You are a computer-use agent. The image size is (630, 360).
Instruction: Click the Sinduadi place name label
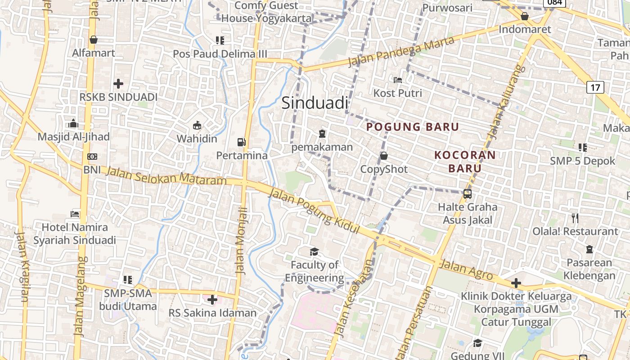pyautogui.click(x=315, y=103)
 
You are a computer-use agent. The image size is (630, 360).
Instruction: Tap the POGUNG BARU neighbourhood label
pyautogui.click(x=413, y=127)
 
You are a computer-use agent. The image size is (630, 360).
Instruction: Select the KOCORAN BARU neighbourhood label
pyautogui.click(x=465, y=162)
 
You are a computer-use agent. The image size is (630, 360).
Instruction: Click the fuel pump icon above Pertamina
pyautogui.click(x=242, y=142)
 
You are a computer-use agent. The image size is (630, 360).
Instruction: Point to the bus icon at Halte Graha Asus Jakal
pyautogui.click(x=468, y=194)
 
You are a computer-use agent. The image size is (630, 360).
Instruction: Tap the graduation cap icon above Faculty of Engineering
pyautogui.click(x=314, y=252)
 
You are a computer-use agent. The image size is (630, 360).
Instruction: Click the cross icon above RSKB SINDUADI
pyautogui.click(x=118, y=84)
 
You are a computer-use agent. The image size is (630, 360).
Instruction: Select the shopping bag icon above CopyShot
pyautogui.click(x=384, y=156)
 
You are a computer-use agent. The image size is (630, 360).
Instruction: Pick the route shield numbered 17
pyautogui.click(x=595, y=87)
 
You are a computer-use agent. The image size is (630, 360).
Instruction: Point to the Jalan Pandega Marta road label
pyautogui.click(x=401, y=51)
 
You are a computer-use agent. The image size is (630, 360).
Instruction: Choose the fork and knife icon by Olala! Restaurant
pyautogui.click(x=575, y=218)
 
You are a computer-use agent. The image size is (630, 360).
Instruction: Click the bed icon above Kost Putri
pyautogui.click(x=398, y=80)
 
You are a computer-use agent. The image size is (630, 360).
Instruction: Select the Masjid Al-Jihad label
pyautogui.click(x=73, y=137)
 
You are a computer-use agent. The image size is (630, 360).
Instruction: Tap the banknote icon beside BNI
pyautogui.click(x=92, y=157)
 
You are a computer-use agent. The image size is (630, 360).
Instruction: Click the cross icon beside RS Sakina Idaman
pyautogui.click(x=212, y=299)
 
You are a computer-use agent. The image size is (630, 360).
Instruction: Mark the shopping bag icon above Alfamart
pyautogui.click(x=94, y=40)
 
